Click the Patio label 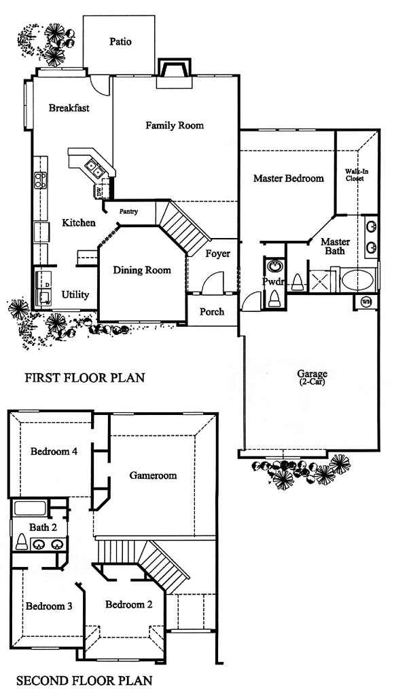121,42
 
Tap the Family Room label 175,125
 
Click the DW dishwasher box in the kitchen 99,191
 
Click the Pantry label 129,212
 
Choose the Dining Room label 142,270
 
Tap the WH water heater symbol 366,302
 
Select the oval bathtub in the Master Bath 358,280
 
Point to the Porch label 212,312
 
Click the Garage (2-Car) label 312,378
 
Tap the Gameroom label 154,475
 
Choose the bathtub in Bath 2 30,508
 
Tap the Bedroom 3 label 49,606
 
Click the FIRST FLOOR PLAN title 85,378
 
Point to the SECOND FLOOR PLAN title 84,680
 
